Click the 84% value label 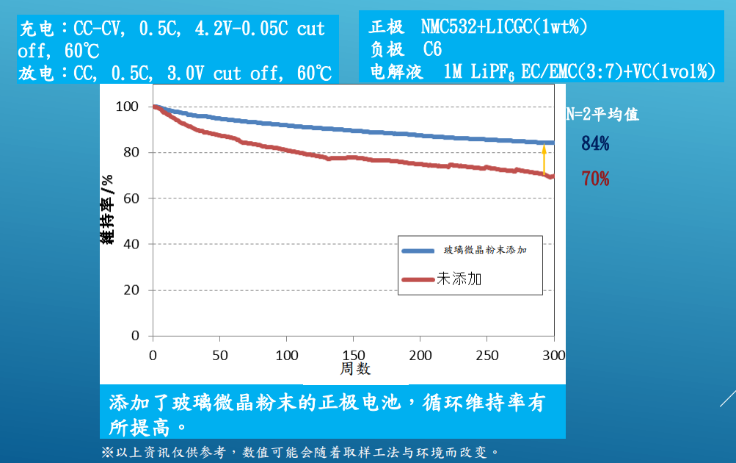595,143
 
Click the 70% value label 595,179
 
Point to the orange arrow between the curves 544,159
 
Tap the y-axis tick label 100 127,107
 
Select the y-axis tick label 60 130,198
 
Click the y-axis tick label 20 130,290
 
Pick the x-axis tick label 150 353,356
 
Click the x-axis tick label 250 487,356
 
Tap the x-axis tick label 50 219,356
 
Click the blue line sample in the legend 419,251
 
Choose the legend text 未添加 459,279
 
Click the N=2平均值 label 602,115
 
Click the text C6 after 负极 433,49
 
